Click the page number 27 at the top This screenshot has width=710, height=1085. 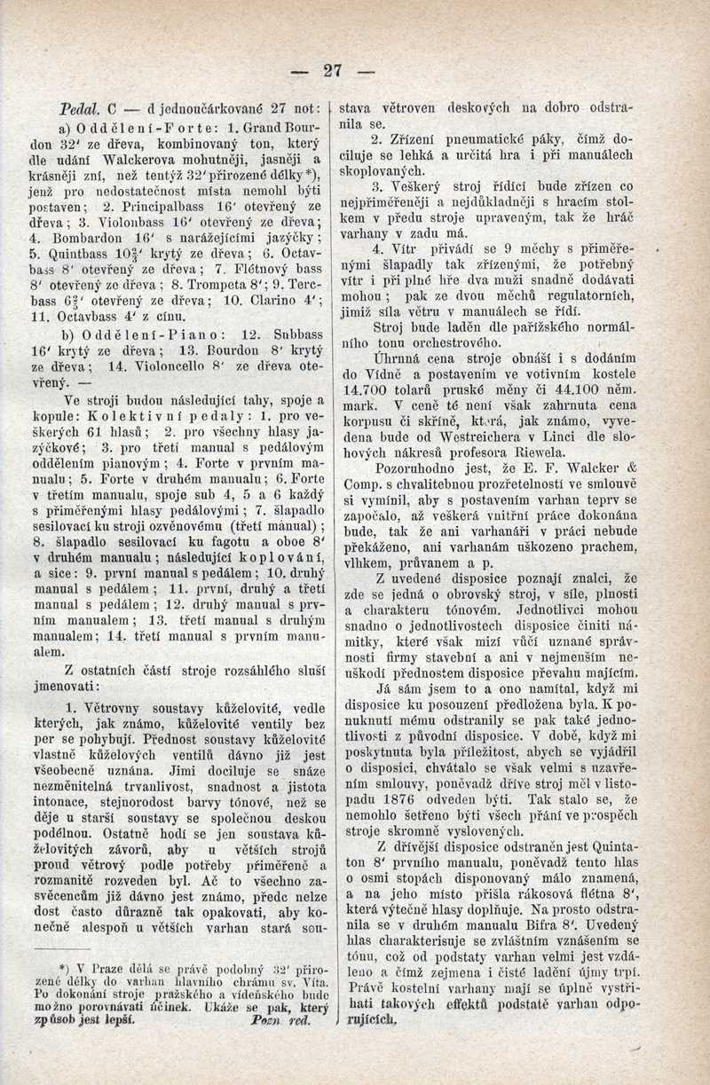click(x=334, y=70)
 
